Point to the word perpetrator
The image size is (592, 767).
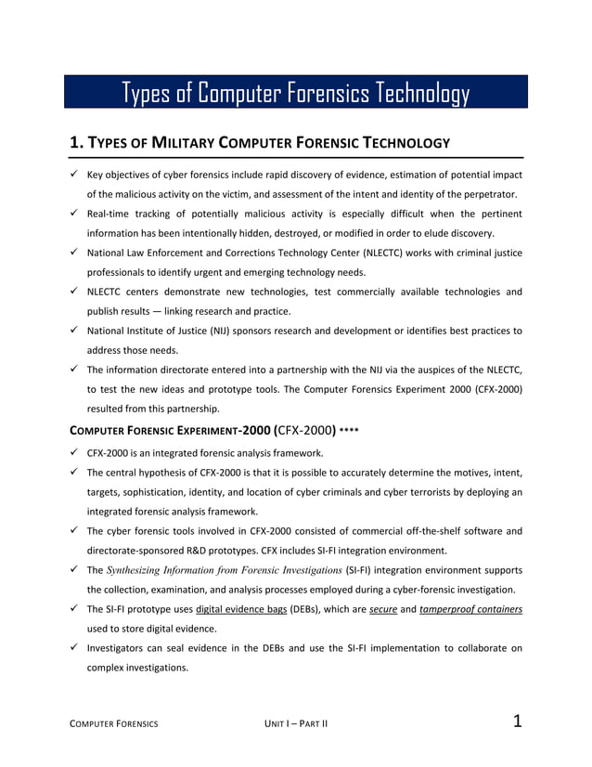click(479, 194)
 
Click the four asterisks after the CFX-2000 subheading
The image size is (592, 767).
click(349, 431)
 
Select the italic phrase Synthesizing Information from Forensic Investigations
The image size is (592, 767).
click(223, 570)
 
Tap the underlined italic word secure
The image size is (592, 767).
click(383, 609)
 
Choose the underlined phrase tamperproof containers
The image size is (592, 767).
click(471, 609)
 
